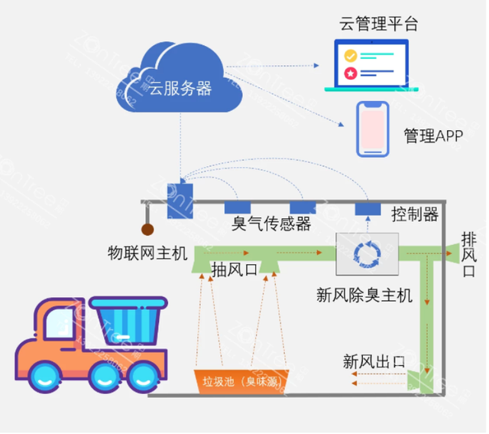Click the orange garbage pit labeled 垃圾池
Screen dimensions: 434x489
coord(238,380)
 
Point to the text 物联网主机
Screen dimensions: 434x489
coord(147,253)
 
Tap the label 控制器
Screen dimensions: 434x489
coord(414,214)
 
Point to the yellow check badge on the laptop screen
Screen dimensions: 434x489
coord(351,56)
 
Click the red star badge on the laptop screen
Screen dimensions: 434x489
coord(351,73)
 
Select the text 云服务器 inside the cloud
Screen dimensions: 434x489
coord(180,88)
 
